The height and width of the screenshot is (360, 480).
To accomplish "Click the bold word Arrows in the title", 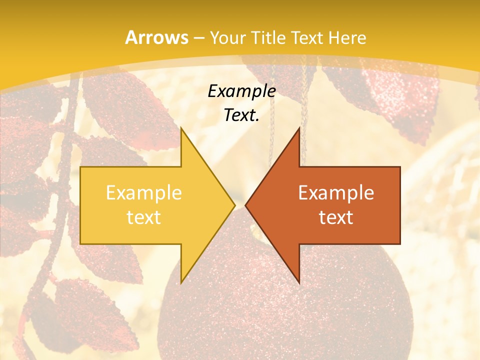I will (157, 37).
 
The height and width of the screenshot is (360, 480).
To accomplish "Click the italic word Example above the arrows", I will (241, 91).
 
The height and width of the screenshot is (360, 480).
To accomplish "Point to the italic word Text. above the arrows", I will (241, 115).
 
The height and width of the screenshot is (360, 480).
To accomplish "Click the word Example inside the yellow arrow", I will (143, 193).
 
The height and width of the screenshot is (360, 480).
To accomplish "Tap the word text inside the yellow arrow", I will (143, 217).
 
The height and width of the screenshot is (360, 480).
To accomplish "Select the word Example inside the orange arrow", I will (336, 193).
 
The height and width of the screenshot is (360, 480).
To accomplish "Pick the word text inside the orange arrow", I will (336, 217).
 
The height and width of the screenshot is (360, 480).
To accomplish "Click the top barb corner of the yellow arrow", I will (181, 128).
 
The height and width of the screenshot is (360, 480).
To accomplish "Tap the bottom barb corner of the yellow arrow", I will (181, 282).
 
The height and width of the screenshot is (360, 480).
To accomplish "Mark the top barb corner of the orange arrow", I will (299, 128).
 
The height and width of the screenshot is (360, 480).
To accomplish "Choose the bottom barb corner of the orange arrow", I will (299, 282).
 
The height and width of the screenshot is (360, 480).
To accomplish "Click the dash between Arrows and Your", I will (198, 38).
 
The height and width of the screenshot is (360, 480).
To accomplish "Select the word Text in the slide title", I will (307, 37).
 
